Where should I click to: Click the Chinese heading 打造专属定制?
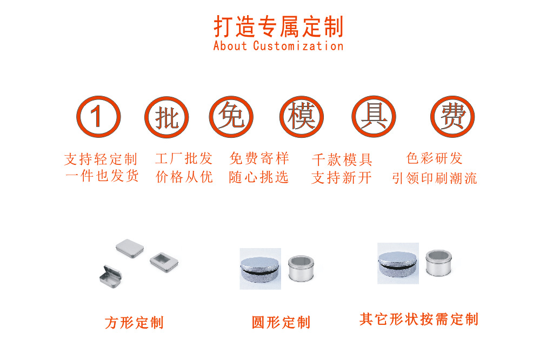(278, 26)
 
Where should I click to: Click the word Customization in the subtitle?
(298, 46)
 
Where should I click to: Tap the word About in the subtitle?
(230, 46)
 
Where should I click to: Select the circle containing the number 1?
(97, 117)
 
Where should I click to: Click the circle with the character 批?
(166, 117)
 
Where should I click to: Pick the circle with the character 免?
(231, 117)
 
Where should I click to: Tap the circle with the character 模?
(301, 117)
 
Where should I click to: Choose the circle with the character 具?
(374, 117)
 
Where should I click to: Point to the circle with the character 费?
(452, 117)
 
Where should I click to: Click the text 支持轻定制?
(101, 159)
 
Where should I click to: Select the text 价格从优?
(184, 177)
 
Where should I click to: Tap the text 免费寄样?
(259, 159)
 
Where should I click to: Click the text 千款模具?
(342, 160)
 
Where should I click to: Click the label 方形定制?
(134, 323)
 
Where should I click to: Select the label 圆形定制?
(281, 323)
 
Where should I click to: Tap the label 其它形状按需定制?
(419, 319)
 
